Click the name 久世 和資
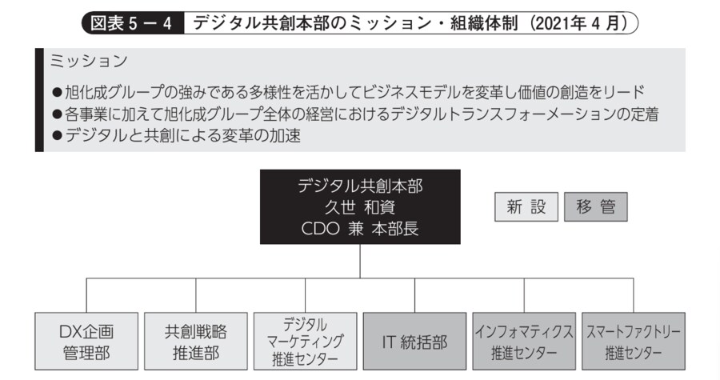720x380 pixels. pos(359,207)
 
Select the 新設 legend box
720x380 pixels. pos(526,207)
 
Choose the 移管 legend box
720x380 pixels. pos(595,207)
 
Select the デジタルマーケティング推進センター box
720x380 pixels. pos(304,342)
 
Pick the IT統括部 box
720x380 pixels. pos(414,342)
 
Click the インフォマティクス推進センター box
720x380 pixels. pos(523,342)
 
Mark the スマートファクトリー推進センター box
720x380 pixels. pos(633,342)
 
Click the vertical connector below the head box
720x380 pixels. pos(359,261)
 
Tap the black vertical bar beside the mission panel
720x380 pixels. pos(38,100)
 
